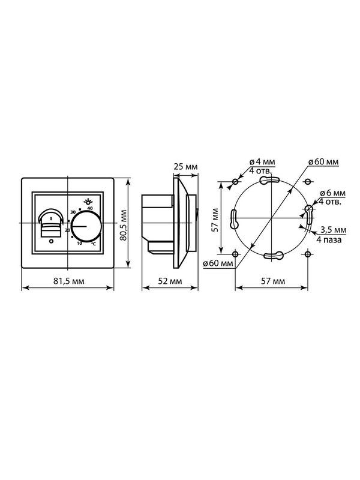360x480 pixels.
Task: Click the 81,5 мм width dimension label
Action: [69, 281]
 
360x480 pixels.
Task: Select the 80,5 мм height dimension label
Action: [123, 225]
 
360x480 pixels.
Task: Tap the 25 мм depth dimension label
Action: [185, 167]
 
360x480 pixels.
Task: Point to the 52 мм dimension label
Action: [170, 281]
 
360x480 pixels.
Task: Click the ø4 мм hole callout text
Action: [262, 161]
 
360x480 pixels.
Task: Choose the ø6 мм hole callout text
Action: [332, 193]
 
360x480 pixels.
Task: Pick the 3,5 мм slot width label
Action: [334, 230]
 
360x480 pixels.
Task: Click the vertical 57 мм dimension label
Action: [215, 220]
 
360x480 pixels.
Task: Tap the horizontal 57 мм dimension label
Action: [273, 281]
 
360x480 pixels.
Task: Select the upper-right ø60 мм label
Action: [323, 161]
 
